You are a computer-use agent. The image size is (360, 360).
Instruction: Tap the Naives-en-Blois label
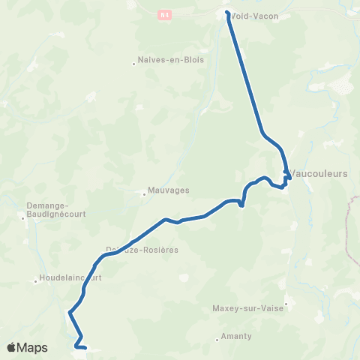pos(172,60)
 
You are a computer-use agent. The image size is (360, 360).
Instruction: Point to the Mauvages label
pos(166,191)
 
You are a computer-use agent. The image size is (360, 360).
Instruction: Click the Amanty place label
pos(237,336)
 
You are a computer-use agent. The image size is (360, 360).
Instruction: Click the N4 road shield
pos(165,13)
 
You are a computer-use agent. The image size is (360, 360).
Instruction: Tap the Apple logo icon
pos(12,347)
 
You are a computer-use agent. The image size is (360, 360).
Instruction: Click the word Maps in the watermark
pos(33,347)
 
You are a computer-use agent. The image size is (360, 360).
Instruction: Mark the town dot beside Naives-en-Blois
pos(134,64)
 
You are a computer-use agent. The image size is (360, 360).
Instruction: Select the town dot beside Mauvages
pos(144,193)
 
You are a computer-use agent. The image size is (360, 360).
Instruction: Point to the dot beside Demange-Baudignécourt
pos(23,218)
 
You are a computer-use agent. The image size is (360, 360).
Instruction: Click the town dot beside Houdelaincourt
pos(35,282)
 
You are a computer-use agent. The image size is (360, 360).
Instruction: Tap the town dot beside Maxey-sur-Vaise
pos(286,304)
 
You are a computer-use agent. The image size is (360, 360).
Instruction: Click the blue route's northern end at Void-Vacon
pos(227,12)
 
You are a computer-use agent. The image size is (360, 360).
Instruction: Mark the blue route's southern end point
pos(87,348)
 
